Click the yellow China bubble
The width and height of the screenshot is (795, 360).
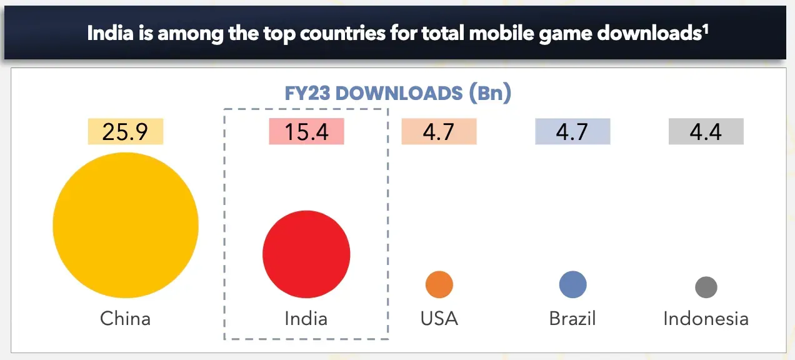(x=126, y=226)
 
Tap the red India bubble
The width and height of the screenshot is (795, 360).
(x=306, y=254)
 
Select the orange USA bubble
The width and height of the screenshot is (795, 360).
(x=439, y=285)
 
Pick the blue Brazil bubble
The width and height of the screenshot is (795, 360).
(x=572, y=285)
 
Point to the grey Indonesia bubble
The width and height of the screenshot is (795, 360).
(x=706, y=287)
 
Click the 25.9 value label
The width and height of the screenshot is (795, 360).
(x=126, y=132)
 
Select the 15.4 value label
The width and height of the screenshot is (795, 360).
(x=306, y=132)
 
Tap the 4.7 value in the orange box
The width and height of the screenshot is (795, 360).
(x=439, y=132)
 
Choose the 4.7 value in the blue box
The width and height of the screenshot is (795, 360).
(x=572, y=132)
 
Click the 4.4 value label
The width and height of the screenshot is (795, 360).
(x=706, y=132)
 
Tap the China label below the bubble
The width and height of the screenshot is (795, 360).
(x=126, y=319)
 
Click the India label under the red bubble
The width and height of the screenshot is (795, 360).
(x=306, y=319)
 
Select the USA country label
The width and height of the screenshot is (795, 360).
(x=439, y=319)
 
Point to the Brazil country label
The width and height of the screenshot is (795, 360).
(x=572, y=319)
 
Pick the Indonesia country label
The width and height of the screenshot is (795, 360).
(x=706, y=319)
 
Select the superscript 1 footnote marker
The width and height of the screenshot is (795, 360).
(x=705, y=27)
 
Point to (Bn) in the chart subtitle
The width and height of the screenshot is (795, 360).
(x=490, y=94)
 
